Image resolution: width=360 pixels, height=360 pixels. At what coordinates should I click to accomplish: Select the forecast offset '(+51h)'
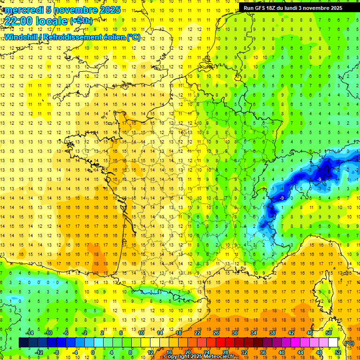point(81,21)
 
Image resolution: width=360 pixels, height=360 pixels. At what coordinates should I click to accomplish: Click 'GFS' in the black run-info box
point(262,8)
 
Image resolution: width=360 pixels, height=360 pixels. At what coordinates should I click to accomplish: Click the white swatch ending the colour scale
point(333,343)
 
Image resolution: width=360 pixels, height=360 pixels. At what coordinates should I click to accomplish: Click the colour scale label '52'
point(338,352)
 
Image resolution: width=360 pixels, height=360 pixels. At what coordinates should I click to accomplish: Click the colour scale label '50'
point(329,332)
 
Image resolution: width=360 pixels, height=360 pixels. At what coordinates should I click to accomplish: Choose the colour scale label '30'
point(234,332)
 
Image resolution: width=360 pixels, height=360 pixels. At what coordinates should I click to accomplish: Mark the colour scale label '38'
point(272,332)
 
